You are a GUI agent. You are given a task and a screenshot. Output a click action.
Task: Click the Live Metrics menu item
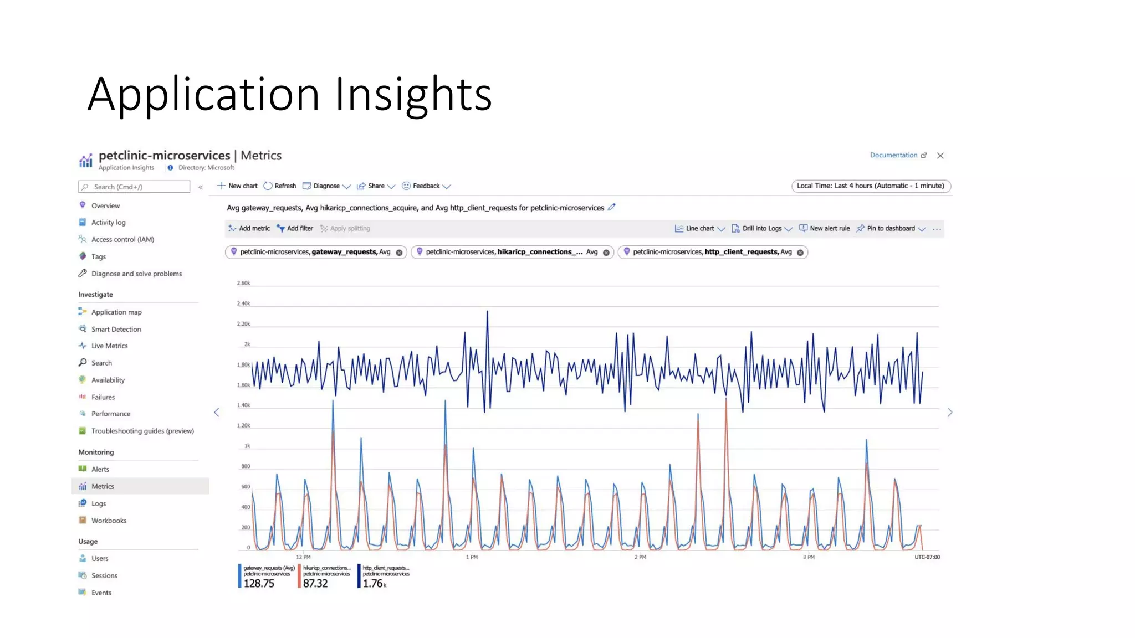109,346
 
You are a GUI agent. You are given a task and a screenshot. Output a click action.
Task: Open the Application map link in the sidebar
116,312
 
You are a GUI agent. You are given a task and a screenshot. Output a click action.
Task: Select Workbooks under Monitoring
109,521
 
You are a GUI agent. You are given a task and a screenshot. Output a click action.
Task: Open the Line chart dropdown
700,228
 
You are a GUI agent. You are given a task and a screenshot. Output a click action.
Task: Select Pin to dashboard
890,228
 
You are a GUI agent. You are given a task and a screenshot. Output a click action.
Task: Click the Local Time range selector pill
871,186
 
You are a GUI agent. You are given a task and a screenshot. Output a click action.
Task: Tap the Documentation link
893,155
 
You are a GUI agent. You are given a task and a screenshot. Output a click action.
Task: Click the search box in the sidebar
134,187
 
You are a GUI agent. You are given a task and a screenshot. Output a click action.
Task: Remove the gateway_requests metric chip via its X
399,253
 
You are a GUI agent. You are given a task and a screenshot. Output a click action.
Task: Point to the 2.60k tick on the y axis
243,283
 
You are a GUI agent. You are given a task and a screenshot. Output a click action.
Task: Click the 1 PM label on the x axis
472,557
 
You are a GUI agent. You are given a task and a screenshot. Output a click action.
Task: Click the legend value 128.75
259,583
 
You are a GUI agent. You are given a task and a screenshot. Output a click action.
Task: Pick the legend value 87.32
315,583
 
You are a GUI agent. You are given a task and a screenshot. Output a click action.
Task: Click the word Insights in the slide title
413,94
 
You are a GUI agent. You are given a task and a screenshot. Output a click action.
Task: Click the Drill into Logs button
761,228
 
